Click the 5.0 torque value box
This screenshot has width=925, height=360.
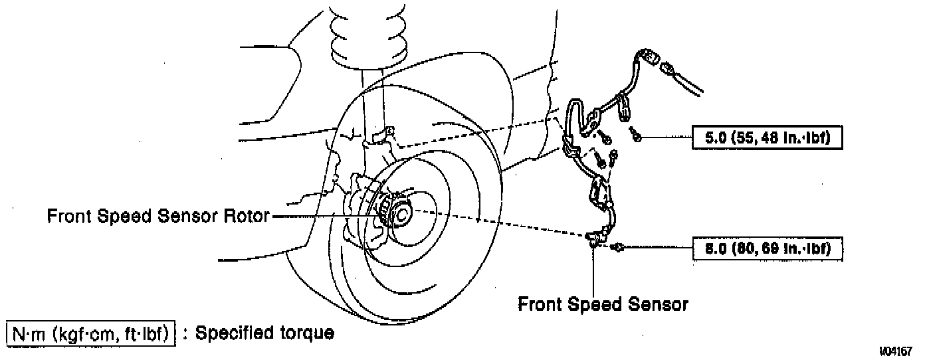768,139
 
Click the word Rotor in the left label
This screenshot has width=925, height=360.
246,217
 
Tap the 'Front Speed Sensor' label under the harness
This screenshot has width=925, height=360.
603,305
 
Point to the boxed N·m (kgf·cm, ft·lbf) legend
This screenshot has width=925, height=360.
91,333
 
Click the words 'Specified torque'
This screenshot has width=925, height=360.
263,333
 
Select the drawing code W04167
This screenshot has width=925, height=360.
897,350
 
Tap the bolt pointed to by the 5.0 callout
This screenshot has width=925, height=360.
636,137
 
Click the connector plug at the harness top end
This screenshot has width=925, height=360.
649,58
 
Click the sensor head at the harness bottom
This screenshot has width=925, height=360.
596,237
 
